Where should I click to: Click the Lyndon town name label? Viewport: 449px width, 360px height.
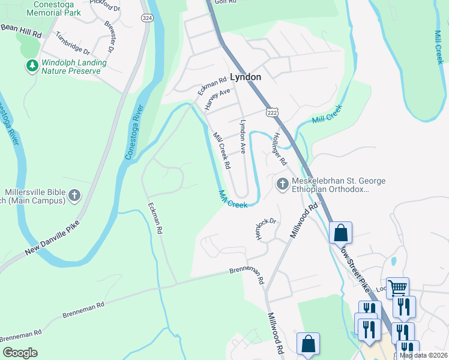click(x=246, y=77)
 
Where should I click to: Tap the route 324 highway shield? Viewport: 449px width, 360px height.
click(x=146, y=18)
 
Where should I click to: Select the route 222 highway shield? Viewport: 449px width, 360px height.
click(x=271, y=113)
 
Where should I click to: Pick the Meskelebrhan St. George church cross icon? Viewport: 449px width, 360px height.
click(x=282, y=184)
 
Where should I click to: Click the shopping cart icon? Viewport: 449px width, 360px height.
click(x=397, y=289)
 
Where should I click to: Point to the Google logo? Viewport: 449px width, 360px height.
click(x=20, y=352)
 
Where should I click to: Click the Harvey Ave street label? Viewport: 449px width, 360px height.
click(x=217, y=99)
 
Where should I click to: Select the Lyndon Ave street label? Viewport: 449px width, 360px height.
click(x=243, y=137)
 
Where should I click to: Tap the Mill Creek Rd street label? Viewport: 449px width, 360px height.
click(x=221, y=151)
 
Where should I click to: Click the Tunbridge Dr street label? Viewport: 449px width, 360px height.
click(x=72, y=43)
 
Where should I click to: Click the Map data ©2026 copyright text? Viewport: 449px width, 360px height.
click(x=424, y=355)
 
